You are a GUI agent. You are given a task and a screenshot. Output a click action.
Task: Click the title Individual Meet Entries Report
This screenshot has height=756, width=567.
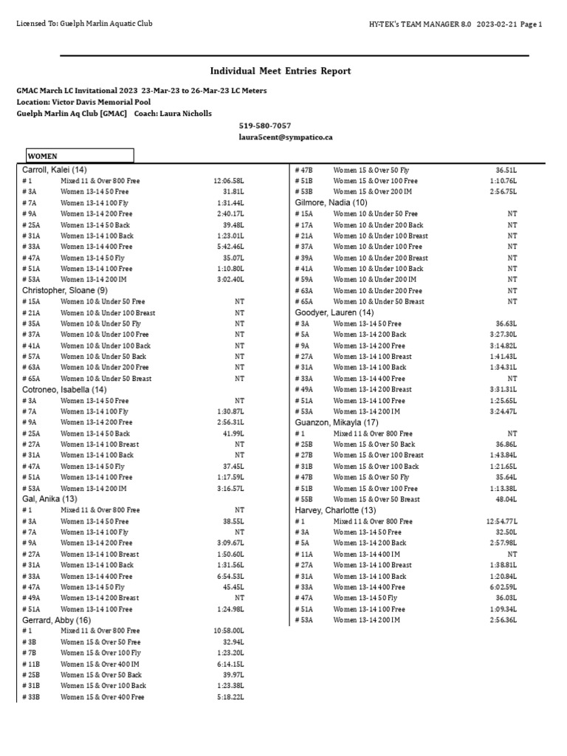281,71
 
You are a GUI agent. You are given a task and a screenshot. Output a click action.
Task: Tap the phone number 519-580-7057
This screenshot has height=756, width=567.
264,126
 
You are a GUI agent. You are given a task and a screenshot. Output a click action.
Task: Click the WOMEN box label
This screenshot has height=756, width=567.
43,157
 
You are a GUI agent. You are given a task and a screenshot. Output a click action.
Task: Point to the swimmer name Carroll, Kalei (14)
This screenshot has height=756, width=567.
55,170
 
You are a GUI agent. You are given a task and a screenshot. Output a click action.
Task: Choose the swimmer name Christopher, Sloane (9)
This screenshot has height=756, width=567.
64,290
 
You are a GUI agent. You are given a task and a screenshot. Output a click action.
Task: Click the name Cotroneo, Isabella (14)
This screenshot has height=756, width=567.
64,389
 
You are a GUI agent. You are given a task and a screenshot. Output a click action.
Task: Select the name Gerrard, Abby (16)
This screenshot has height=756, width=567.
56,620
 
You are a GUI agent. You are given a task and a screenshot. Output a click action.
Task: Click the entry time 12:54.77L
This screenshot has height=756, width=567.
502,520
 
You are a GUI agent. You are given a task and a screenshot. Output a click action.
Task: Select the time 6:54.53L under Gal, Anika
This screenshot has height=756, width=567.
230,576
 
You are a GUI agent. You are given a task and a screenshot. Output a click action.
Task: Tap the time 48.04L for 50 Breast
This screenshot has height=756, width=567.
505,499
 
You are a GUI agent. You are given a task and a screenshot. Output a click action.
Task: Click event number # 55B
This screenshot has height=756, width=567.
304,499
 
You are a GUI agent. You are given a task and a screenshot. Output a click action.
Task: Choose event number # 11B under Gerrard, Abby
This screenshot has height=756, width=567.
32,664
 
